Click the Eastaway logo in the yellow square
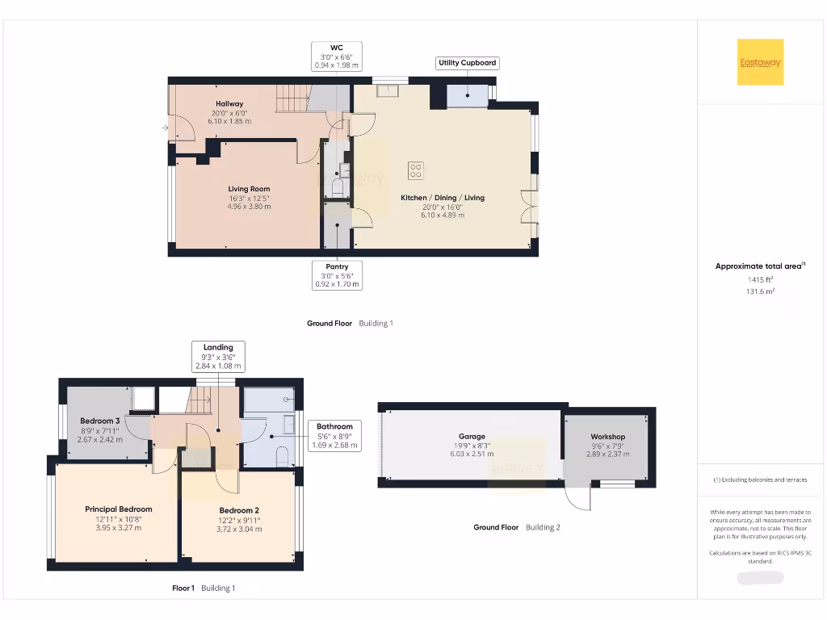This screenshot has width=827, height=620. coord(760,62)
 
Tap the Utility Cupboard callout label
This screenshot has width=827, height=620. coord(467,63)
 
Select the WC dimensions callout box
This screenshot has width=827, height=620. coord(337,57)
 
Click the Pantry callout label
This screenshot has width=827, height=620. coord(337,275)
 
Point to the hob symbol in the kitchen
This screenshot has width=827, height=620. coord(416,170)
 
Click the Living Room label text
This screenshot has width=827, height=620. coord(249,189)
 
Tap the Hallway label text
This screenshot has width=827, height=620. coord(229,103)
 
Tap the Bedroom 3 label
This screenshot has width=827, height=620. coord(100,421)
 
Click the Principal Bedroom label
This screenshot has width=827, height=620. coord(119,509)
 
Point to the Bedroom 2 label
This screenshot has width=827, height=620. coord(239,510)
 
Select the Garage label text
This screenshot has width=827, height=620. coord(472,437)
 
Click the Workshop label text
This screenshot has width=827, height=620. coord(607,437)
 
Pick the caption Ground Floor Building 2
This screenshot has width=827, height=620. coord(517,527)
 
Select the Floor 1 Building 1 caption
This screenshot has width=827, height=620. coord(204,589)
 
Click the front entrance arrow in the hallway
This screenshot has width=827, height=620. coord(165,128)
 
